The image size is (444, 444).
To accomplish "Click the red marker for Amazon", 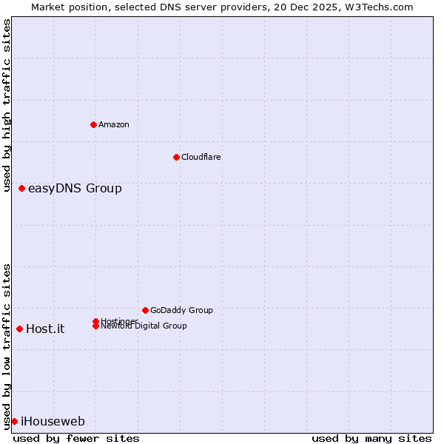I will point(93,124).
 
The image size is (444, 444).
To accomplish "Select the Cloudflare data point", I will point(176,157).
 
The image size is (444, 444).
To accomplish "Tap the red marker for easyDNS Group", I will point(22,189).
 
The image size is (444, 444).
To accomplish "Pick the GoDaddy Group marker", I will point(145,310).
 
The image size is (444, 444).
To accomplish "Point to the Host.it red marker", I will point(19,329).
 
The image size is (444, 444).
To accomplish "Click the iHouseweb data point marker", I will point(14,421).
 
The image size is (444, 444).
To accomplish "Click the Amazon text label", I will point(114,124).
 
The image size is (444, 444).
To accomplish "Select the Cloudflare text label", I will point(201,157).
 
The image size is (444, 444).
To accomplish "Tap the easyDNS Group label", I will point(75,189).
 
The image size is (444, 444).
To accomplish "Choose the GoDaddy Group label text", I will point(181,310).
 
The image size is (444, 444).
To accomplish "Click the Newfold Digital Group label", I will point(144,326).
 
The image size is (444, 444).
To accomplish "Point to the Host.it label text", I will point(45,329).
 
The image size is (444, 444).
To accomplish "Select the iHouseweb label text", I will point(53,422).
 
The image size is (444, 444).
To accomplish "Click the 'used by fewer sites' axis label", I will point(76,438).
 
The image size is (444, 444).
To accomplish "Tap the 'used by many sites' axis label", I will point(371,438).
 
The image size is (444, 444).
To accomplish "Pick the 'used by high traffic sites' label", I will point(7,105).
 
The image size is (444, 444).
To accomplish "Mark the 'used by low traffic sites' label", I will point(7,346).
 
